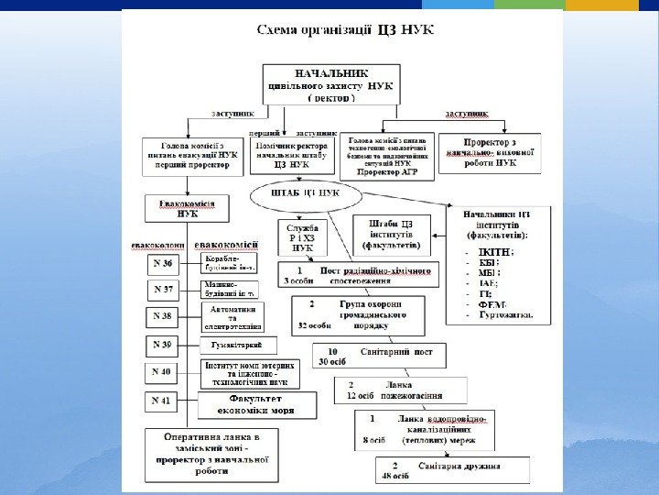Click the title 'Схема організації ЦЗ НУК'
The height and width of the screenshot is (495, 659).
(x=345, y=30)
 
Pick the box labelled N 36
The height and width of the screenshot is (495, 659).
(x=162, y=264)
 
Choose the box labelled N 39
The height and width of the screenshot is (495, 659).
(x=162, y=346)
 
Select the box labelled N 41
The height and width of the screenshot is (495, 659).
(x=162, y=401)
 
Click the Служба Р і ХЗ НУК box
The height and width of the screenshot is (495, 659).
(x=302, y=236)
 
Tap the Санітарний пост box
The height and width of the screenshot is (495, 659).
(x=380, y=356)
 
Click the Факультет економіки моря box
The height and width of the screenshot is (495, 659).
(x=258, y=404)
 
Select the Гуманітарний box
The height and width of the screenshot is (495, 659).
(x=237, y=345)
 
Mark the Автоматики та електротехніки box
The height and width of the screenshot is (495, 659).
(x=232, y=317)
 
